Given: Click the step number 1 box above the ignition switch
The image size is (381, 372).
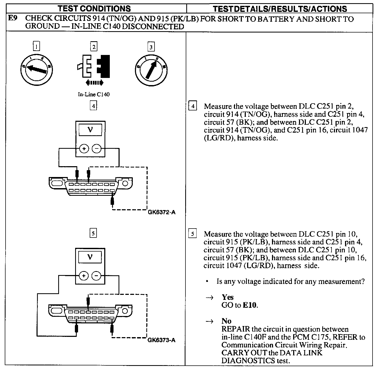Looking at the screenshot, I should [36, 47].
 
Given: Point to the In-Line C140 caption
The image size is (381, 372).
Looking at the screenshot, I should [94, 94].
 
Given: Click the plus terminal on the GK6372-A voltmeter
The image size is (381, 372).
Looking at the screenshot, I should [84, 149].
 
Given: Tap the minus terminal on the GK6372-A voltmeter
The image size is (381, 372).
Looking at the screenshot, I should [96, 149].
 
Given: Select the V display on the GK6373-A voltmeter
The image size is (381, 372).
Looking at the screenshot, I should [90, 257].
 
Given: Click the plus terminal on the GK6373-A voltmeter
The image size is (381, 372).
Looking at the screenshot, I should [84, 276].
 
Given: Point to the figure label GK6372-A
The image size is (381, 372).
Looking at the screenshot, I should [162, 212].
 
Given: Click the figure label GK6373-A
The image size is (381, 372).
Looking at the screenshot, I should [161, 340].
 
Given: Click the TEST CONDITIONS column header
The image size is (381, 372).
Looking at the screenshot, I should [94, 8].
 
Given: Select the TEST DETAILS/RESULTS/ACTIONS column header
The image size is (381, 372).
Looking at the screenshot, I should [280, 9].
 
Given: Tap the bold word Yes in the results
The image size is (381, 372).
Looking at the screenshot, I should [228, 297].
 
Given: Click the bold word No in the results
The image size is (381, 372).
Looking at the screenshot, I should [226, 321].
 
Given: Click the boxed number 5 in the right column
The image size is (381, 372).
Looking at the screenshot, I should [193, 234].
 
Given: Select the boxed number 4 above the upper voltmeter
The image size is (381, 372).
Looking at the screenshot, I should [93, 106].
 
